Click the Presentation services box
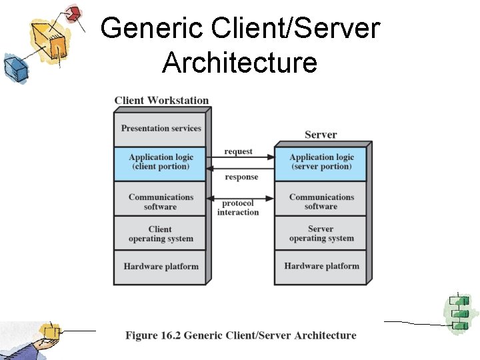[x=161, y=129]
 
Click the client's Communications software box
[x=161, y=201]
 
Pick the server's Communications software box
[x=321, y=201]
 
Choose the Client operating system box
[x=161, y=234]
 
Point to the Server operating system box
[x=321, y=234]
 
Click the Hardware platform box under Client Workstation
[x=161, y=267]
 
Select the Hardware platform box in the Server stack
[x=321, y=267]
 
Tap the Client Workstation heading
[x=161, y=101]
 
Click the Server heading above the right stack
[x=321, y=135]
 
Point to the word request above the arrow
[x=238, y=151]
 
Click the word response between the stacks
[x=241, y=177]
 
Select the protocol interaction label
[x=238, y=208]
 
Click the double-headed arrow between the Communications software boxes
[x=240, y=198]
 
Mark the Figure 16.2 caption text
[x=241, y=335]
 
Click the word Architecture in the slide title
[x=239, y=63]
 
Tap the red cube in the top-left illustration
[x=74, y=13]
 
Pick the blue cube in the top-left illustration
[x=13, y=67]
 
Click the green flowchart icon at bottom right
[x=458, y=313]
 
